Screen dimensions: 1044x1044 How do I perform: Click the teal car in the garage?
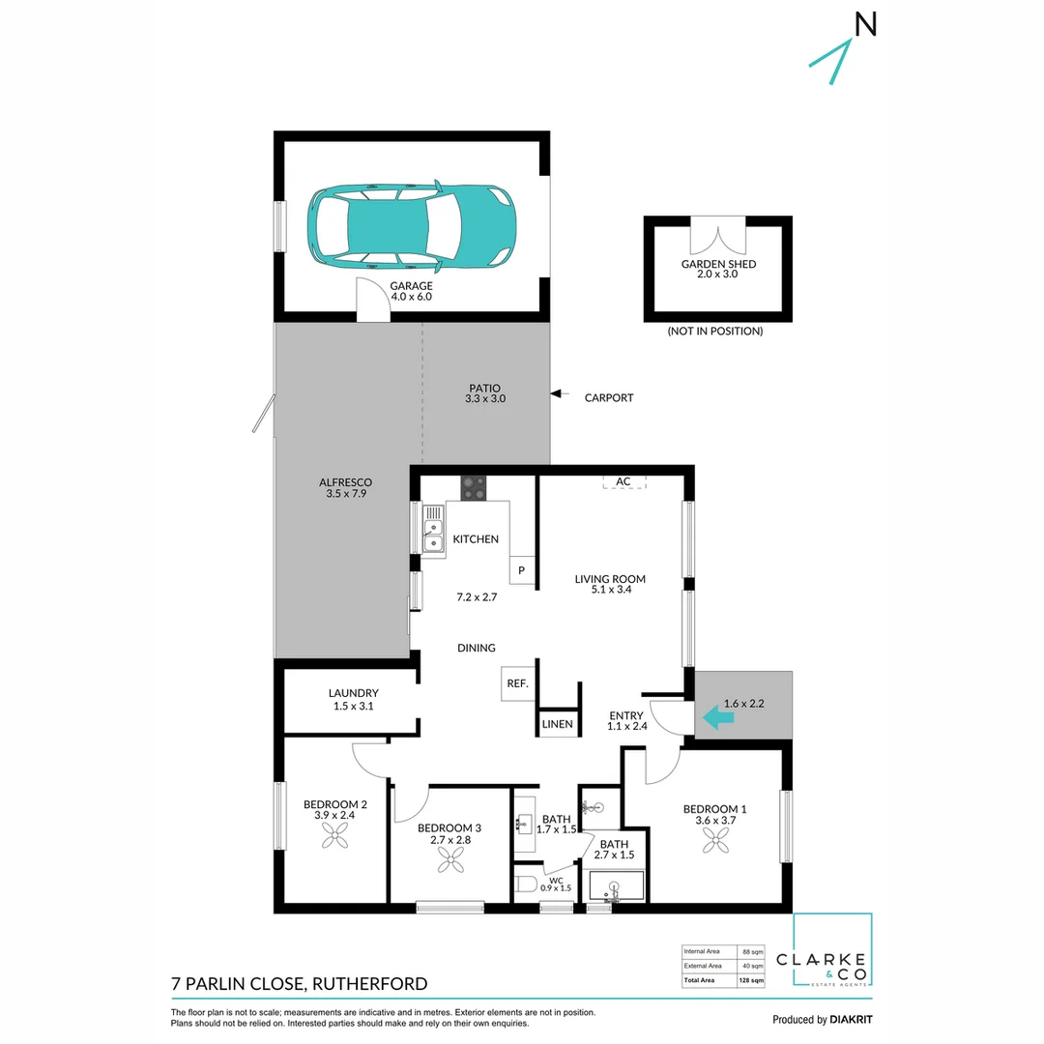[411, 224]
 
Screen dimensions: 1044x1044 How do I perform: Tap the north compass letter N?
[865, 26]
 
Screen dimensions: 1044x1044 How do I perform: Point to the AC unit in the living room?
[623, 481]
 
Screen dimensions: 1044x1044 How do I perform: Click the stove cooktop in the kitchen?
[473, 487]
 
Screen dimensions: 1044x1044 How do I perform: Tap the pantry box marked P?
[521, 570]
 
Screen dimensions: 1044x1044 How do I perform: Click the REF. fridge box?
[517, 683]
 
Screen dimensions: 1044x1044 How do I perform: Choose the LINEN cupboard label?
[557, 723]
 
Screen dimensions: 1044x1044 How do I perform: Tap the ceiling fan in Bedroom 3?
[449, 869]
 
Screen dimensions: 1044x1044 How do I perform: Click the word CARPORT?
[609, 397]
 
